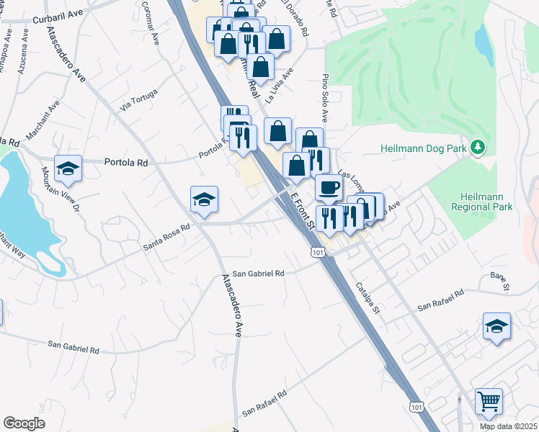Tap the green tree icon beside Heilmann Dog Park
coord(476,148)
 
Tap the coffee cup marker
coord(329,187)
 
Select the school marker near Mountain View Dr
coord(68,168)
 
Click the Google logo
coord(24,423)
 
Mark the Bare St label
coord(499,282)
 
